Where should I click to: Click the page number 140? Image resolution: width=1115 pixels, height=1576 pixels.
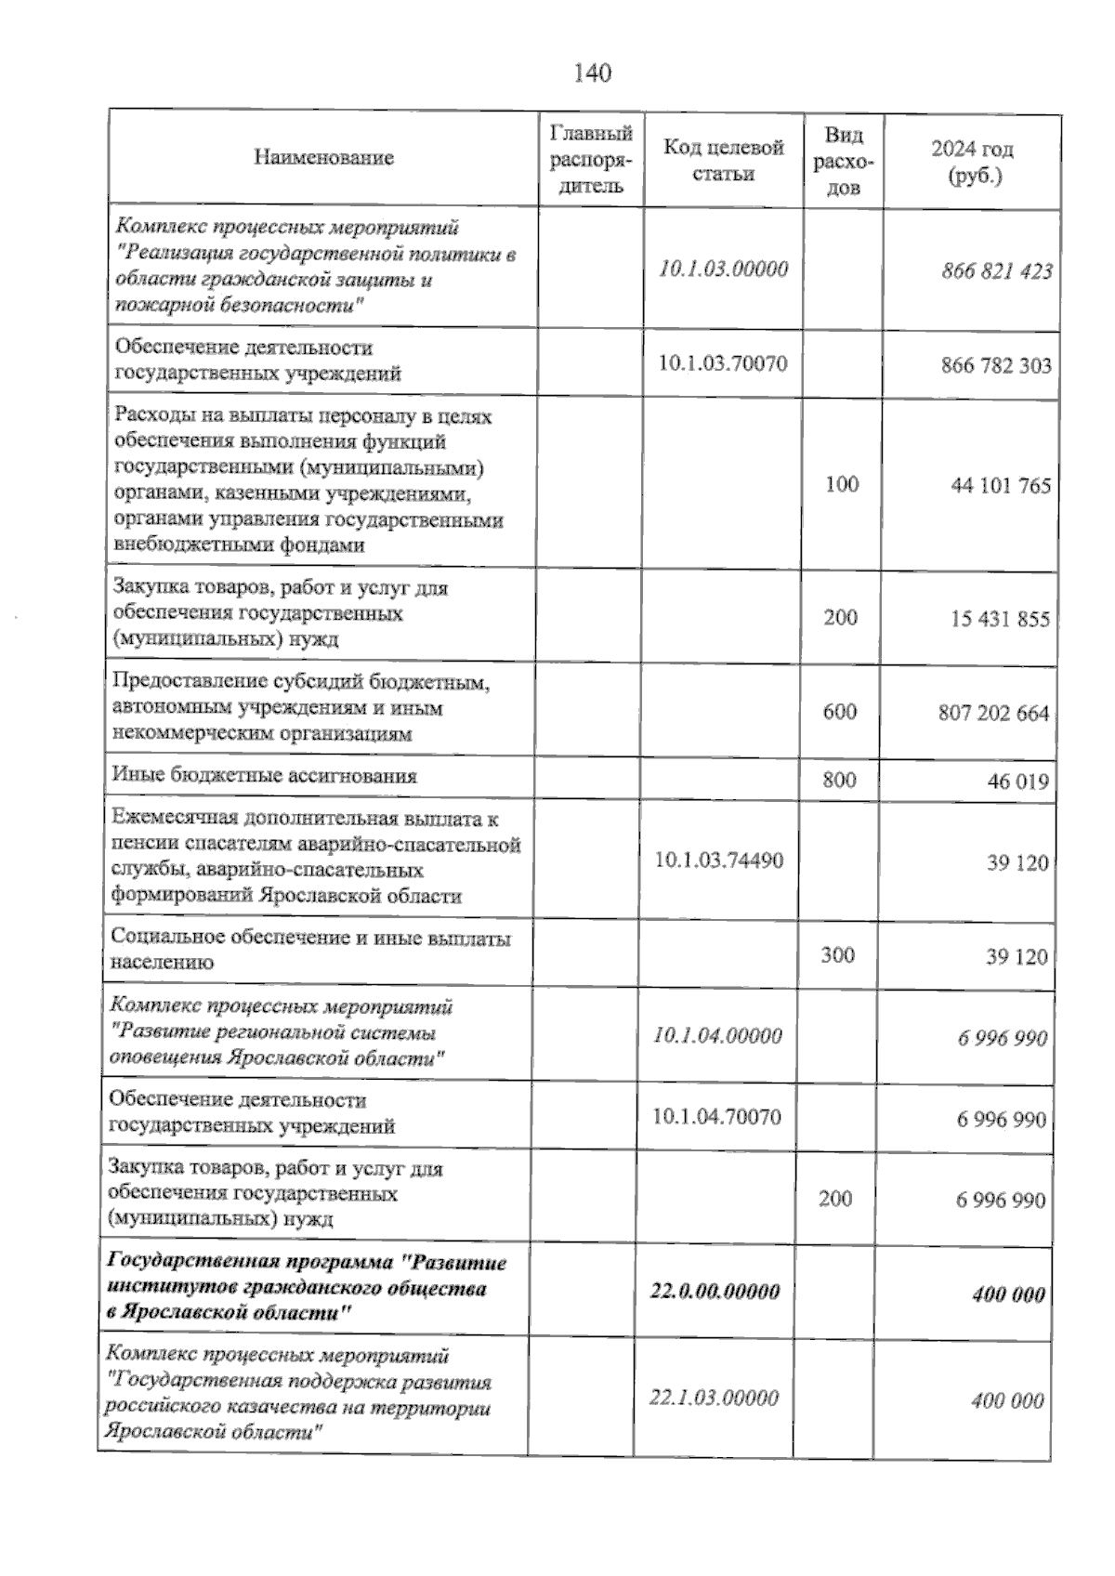pyautogui.click(x=593, y=73)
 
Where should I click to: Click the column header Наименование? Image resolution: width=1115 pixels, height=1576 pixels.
pyautogui.click(x=323, y=158)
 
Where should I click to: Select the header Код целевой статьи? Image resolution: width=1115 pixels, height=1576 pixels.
pyautogui.click(x=723, y=160)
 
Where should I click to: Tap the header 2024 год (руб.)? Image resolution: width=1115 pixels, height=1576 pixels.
pyautogui.click(x=972, y=162)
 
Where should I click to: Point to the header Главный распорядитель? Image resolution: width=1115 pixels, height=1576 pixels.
pyautogui.click(x=591, y=159)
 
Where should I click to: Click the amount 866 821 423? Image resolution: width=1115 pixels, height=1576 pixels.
pyautogui.click(x=996, y=271)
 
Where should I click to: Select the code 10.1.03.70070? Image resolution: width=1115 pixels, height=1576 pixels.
pyautogui.click(x=722, y=363)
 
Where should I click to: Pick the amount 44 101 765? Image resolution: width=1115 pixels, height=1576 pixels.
pyautogui.click(x=1000, y=485)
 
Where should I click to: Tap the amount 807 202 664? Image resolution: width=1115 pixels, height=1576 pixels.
pyautogui.click(x=993, y=714)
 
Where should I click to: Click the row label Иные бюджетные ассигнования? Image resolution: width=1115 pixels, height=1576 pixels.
pyautogui.click(x=264, y=775)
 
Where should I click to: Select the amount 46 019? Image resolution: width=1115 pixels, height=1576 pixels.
pyautogui.click(x=1018, y=781)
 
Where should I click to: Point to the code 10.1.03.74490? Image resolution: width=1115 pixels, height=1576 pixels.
pyautogui.click(x=718, y=860)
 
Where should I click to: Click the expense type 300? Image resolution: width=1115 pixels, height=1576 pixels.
pyautogui.click(x=838, y=954)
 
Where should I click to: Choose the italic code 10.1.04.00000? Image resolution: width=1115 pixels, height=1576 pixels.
pyautogui.click(x=717, y=1035)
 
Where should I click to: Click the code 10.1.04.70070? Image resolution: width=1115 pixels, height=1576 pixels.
pyautogui.click(x=716, y=1117)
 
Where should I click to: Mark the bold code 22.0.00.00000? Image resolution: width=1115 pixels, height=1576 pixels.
pyautogui.click(x=715, y=1292)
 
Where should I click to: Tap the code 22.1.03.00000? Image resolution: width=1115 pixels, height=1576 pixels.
pyautogui.click(x=714, y=1398)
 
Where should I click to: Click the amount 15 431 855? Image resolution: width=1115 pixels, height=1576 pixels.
pyautogui.click(x=1000, y=619)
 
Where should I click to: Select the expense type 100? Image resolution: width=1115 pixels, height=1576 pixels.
pyautogui.click(x=842, y=483)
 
